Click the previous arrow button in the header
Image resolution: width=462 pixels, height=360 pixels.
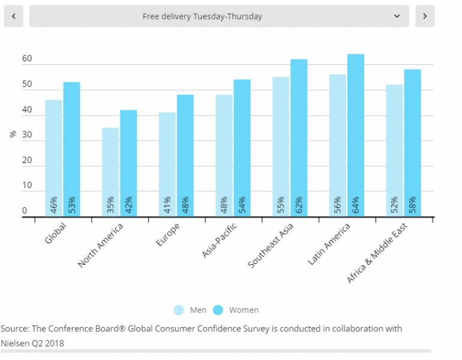13,16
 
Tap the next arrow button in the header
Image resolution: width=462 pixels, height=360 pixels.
425,16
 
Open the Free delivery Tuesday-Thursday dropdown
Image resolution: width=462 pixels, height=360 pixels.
219,16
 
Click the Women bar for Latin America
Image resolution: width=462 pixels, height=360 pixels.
356,135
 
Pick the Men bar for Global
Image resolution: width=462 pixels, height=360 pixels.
53,158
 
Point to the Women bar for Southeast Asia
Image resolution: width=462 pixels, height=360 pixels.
299,137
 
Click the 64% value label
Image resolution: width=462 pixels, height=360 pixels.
356,204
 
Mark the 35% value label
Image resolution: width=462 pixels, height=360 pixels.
110,204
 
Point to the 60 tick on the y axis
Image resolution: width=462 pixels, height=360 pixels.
27,59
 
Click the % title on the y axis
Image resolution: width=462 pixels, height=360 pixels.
13,134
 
